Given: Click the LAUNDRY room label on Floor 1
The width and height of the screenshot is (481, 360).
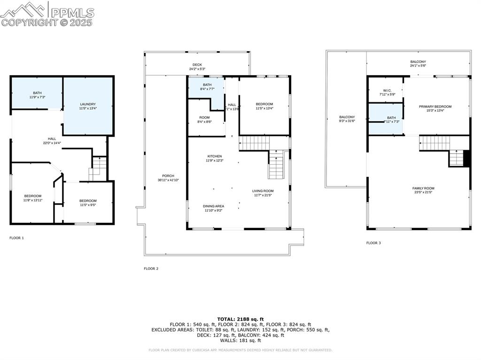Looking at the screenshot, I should tap(88, 104).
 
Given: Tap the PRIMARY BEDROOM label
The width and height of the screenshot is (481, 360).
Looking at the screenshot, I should tap(435, 107).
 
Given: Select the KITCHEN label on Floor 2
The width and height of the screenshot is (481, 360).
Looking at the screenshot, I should tap(215, 156).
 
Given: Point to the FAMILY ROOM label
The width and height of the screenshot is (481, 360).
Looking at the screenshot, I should tap(423, 188).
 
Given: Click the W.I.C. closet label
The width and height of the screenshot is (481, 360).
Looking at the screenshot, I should tap(387, 91).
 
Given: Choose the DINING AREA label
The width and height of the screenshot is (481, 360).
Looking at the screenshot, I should tap(213, 206).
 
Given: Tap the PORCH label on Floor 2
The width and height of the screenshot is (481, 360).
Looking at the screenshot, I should tap(162, 176).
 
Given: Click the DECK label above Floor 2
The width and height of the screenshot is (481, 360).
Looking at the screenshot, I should tap(197, 65).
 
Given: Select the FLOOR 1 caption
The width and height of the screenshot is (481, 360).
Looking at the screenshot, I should tap(16, 238).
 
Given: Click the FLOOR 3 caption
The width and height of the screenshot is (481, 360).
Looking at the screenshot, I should tap(373, 243).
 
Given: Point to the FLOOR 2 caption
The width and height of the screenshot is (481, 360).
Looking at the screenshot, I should tap(151, 269).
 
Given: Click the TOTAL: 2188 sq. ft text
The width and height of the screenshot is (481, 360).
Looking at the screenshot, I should tap(240, 319).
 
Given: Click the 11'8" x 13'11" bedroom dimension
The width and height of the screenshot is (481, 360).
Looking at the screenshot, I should tap(33, 200).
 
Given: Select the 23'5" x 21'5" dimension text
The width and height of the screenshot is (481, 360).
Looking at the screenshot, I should tap(423, 192).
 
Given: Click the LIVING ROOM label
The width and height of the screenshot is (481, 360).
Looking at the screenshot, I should tap(263, 191).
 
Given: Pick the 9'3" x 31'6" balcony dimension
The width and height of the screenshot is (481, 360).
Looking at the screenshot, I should tap(347, 121).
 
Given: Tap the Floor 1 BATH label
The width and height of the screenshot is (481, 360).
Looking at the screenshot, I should tap(37, 93).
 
